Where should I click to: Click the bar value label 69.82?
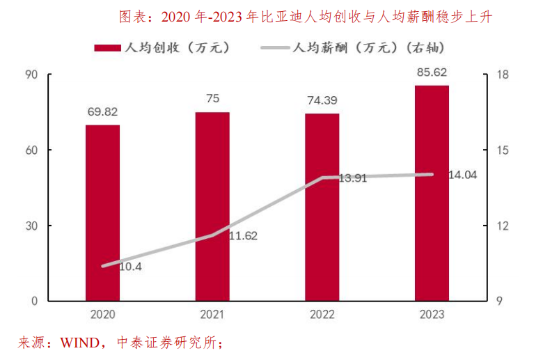(x=102, y=111)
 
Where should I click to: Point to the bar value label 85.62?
(x=432, y=72)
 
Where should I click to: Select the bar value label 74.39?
(x=322, y=100)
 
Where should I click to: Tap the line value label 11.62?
(x=243, y=235)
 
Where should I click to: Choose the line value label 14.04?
(x=463, y=175)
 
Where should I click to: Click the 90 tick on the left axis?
(x=32, y=75)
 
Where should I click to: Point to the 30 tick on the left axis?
(x=32, y=226)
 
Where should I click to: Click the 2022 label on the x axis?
(x=322, y=315)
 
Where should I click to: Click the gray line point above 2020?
(x=103, y=266)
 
